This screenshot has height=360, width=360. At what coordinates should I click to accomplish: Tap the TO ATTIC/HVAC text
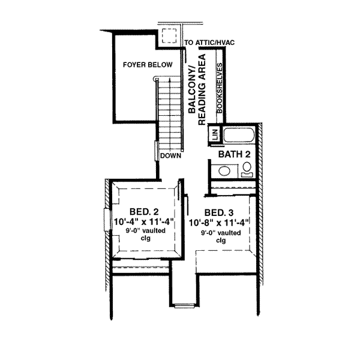(211, 43)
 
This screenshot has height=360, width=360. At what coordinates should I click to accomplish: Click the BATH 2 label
(233, 155)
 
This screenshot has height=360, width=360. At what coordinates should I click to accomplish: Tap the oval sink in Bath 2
(224, 172)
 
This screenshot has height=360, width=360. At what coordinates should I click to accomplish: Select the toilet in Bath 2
(247, 171)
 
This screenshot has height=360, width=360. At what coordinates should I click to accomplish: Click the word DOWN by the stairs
(170, 155)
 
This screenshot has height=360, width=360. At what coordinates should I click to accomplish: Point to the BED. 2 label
(144, 212)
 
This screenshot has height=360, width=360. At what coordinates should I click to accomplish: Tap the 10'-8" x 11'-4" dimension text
(219, 223)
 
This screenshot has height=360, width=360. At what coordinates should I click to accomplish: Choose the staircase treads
(169, 114)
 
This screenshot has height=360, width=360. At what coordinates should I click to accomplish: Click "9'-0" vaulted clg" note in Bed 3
(220, 236)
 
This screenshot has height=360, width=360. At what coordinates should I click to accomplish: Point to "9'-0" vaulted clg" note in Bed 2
(143, 234)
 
